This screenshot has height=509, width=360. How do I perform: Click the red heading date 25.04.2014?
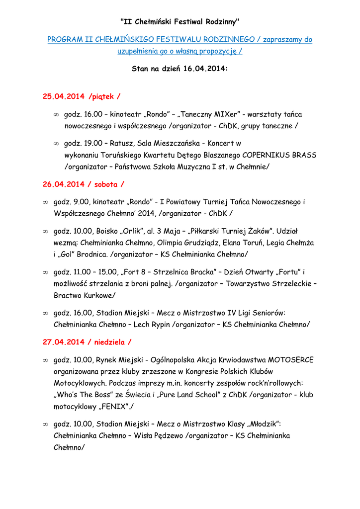pyautogui.click(x=63, y=96)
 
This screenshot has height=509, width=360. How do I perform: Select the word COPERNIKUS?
pyautogui.click(x=268, y=155)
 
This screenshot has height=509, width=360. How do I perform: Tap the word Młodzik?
pyautogui.click(x=261, y=424)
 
